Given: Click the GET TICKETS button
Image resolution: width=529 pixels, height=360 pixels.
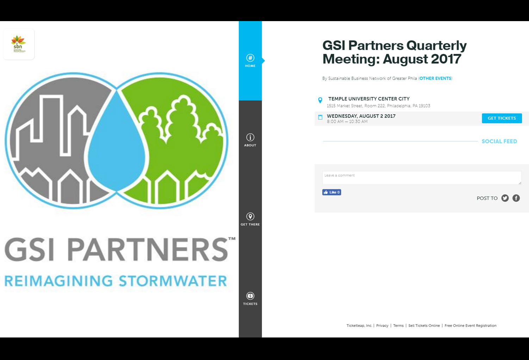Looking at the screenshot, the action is click(502, 118).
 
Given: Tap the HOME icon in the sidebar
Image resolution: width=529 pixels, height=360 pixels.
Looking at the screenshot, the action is click(250, 58).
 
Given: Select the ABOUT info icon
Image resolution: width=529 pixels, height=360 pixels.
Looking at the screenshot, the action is click(250, 137).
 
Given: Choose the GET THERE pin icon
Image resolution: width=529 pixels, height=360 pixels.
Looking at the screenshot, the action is click(250, 216).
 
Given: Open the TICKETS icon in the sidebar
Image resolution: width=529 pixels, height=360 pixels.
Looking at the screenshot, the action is click(250, 296).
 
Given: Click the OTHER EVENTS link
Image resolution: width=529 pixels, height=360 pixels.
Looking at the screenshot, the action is click(435, 78).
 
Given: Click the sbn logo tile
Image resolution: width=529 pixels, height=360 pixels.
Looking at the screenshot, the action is click(19, 44).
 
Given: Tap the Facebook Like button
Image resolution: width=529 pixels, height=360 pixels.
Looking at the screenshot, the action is click(331, 192).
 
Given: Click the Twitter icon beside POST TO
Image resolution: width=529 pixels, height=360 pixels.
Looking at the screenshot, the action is click(505, 198).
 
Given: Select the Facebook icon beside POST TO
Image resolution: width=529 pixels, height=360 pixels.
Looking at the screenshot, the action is click(516, 198).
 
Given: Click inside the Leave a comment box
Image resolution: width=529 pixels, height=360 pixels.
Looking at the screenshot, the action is click(422, 178).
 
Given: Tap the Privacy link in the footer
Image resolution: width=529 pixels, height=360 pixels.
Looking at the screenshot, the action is click(382, 326).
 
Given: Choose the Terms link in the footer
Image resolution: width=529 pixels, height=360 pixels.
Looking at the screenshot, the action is click(398, 326).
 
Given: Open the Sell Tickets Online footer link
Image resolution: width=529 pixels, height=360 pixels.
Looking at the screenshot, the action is click(424, 326).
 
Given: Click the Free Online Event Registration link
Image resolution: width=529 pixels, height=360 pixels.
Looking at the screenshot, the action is click(471, 326).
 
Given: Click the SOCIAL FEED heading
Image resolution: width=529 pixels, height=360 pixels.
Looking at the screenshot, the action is click(499, 141).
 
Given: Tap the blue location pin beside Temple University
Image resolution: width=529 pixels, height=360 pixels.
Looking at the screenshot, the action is click(320, 100).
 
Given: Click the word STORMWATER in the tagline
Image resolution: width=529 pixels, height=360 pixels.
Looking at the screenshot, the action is click(173, 281).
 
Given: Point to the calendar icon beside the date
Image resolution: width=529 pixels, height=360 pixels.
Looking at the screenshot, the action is click(320, 117).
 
